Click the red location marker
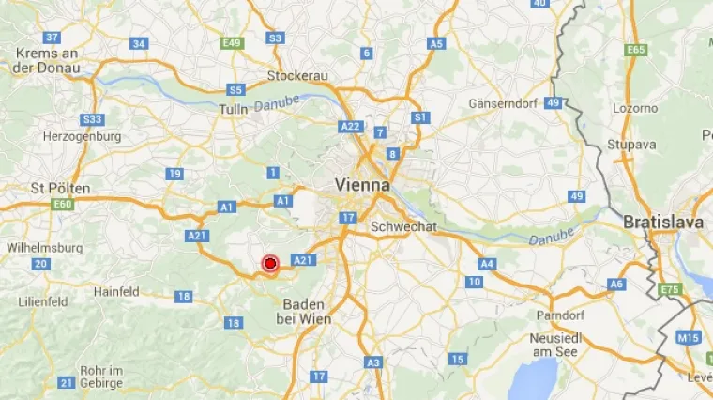pos(270,264)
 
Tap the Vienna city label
pos(361,186)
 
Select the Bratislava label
pos(663,223)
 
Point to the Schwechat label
pos(403,226)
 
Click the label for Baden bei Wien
pos(303,312)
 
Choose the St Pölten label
pos(60,188)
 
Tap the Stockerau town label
pos(297,75)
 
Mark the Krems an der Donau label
pos(47,60)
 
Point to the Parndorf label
pos(559,315)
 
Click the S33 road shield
pos(92,119)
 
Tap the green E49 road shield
pos(231,43)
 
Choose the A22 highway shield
pos(351,126)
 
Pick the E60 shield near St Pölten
pos(63,204)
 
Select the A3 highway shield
pos(373,362)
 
